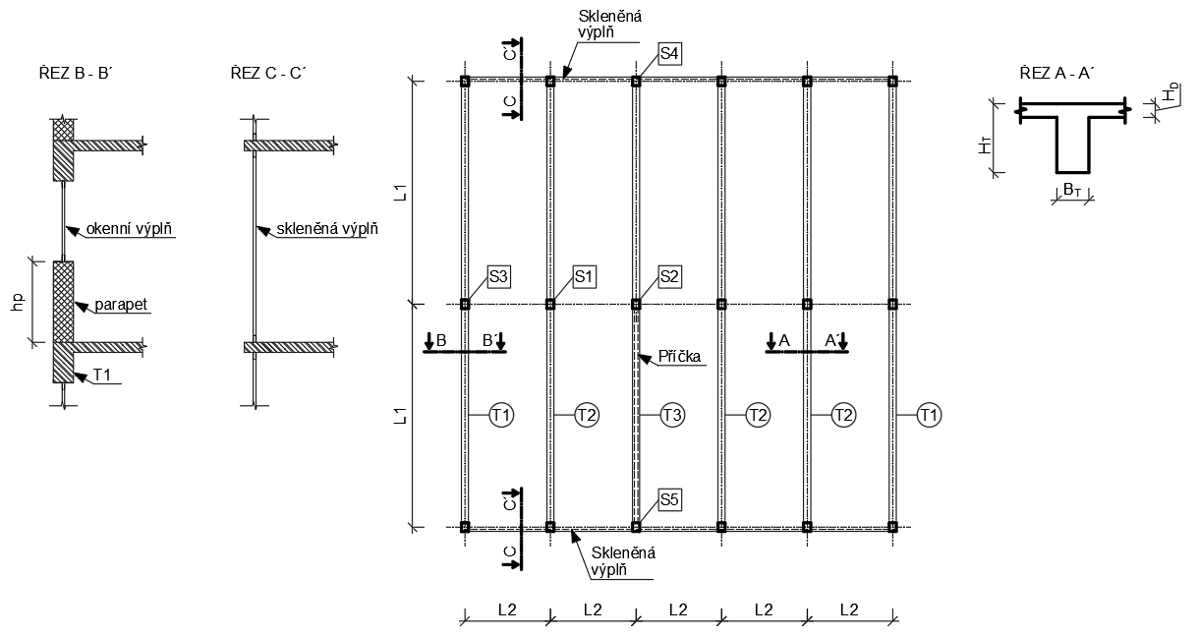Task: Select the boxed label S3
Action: pyautogui.click(x=498, y=277)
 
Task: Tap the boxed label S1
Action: pyautogui.click(x=585, y=277)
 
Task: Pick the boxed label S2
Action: pyautogui.click(x=670, y=277)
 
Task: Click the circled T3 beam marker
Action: pyautogui.click(x=672, y=416)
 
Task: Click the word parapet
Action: pyautogui.click(x=122, y=305)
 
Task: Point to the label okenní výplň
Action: pyautogui.click(x=130, y=230)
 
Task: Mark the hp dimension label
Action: pyautogui.click(x=17, y=302)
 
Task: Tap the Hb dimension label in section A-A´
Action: pyautogui.click(x=1169, y=95)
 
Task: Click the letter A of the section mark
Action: pyautogui.click(x=783, y=340)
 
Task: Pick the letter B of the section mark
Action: pyautogui.click(x=441, y=340)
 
